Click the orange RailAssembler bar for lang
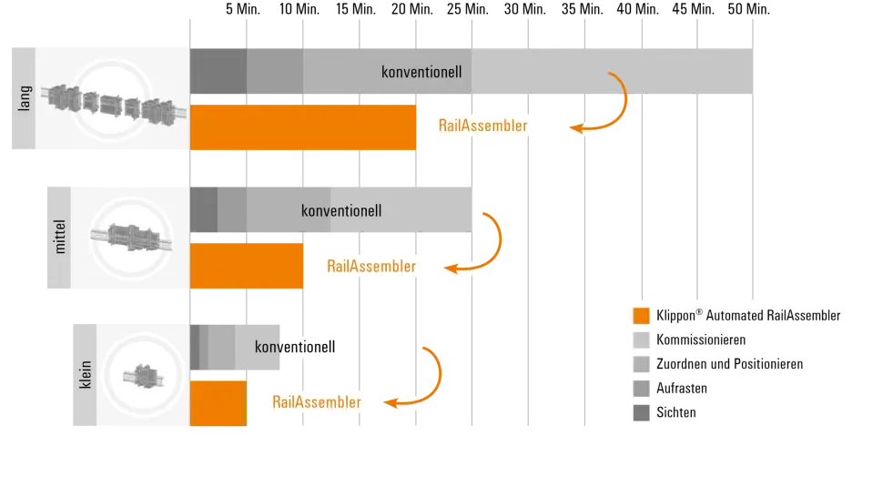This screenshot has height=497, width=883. coord(303,127)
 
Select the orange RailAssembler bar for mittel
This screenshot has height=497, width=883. coord(247,266)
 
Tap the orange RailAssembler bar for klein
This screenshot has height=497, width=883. coord(218,404)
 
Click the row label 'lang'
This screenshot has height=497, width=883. coord(25,98)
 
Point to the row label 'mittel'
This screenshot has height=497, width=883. coord(60,237)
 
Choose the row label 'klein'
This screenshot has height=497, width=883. coord(86,374)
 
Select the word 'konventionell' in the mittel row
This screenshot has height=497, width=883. coord(341,210)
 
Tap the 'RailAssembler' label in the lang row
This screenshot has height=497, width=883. coord(482,126)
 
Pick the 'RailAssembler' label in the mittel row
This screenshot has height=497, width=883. coord(370,266)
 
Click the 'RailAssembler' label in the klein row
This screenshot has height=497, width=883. coord(316,401)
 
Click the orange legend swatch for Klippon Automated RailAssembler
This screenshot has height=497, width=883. coord(641,316)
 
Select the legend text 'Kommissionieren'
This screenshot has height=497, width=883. coord(701,340)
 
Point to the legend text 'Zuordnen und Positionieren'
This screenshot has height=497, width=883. coord(729,364)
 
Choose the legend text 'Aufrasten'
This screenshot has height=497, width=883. coord(681,388)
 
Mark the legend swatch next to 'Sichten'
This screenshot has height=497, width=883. coord(641,412)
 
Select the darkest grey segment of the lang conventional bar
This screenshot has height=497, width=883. coord(218,71)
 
